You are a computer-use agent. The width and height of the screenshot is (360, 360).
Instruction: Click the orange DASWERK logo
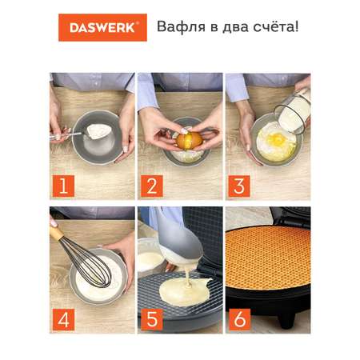click(x=102, y=27)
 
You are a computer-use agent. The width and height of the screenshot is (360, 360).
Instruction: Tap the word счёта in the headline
click(x=274, y=26)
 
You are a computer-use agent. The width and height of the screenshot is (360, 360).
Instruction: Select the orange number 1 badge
click(x=63, y=186)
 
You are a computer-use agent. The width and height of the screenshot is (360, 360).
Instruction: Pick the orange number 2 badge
click(x=152, y=186)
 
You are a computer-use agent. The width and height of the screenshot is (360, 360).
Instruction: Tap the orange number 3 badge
click(x=239, y=186)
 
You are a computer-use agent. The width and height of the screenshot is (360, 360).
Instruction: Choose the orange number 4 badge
click(x=63, y=319)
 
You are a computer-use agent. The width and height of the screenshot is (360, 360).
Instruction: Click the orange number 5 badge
click(x=152, y=319)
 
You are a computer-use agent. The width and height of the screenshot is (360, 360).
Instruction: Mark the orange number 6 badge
click(x=239, y=319)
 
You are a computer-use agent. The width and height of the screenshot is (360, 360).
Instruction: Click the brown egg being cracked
click(x=189, y=141)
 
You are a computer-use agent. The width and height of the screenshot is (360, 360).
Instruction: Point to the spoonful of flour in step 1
click(x=98, y=131)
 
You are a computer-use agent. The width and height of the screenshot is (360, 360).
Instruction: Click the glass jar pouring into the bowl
click(x=294, y=112)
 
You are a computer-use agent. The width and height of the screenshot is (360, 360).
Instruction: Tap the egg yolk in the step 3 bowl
click(x=277, y=138)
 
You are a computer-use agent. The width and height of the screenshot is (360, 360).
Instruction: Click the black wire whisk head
click(x=88, y=262)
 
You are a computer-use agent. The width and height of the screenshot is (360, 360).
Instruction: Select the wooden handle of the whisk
click(x=56, y=231)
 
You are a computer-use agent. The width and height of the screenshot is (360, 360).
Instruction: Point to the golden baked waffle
click(x=268, y=258)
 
